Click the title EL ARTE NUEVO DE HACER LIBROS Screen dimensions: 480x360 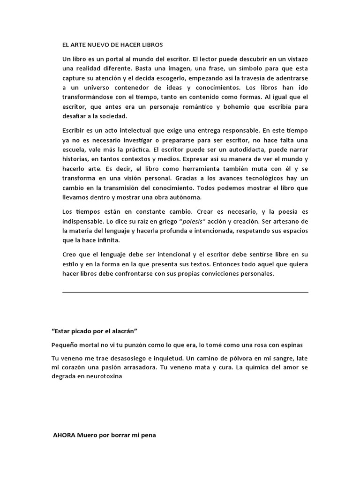pyautogui.click(x=112, y=45)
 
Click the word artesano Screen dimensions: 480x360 pyautogui.click(x=285, y=221)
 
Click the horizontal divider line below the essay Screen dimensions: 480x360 pyautogui.click(x=185, y=292)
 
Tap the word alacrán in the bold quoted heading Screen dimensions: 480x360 pyautogui.click(x=121, y=331)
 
